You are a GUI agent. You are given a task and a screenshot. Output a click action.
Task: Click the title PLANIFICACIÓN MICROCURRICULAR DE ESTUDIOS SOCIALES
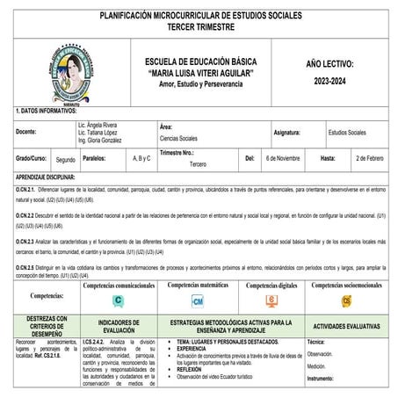point(199,16)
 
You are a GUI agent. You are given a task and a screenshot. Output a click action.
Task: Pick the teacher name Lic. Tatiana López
point(98,133)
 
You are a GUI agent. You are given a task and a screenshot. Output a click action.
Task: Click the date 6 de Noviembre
point(283,159)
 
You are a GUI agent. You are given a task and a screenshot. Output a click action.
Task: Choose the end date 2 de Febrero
point(370,159)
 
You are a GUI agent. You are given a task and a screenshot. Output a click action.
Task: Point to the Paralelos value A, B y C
point(141,159)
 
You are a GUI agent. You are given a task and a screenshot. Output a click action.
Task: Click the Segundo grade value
point(65,160)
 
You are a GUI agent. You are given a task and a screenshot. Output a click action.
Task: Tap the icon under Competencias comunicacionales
point(118,300)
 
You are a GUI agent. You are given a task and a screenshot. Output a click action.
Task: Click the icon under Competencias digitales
point(271,300)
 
